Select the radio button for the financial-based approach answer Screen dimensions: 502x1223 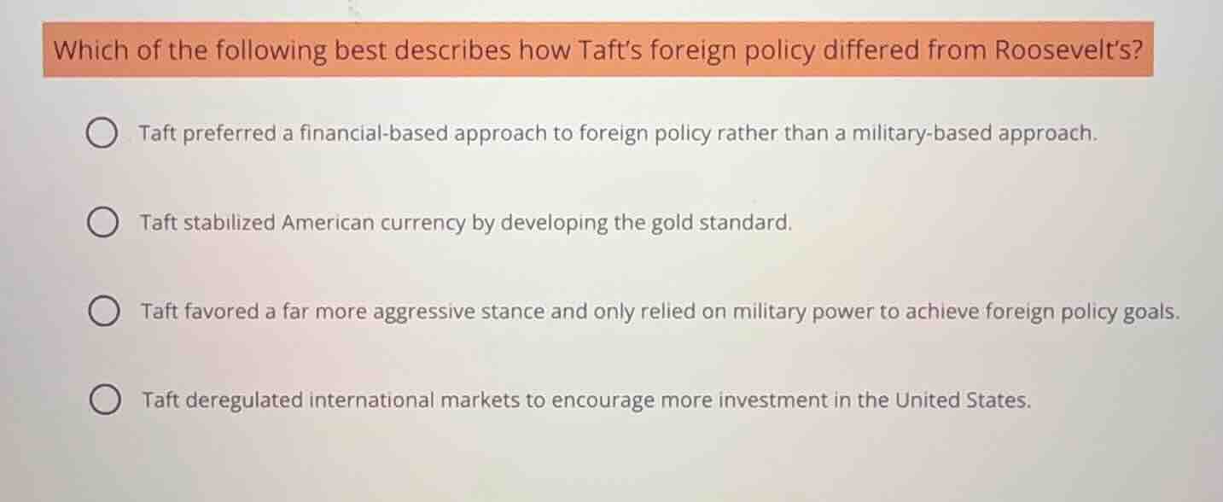pos(102,134)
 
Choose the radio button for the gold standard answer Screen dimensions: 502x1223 pos(102,224)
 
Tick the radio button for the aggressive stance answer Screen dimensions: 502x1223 pos(103,312)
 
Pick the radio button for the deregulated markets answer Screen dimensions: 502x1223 pos(104,400)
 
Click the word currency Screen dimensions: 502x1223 pos(426,224)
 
